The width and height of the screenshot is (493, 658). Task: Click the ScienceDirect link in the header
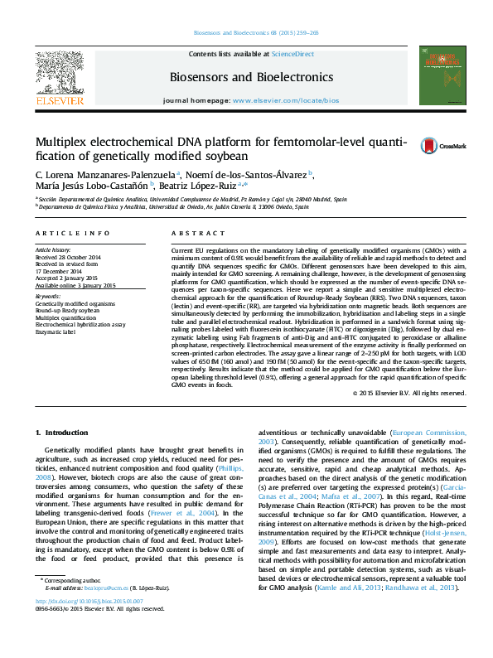pyautogui.click(x=293, y=53)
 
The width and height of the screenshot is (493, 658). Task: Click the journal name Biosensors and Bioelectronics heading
pyautogui.click(x=251, y=77)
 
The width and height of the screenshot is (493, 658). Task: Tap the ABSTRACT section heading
pyautogui.click(x=192, y=235)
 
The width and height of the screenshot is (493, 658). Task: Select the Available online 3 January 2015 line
pyautogui.click(x=75, y=285)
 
